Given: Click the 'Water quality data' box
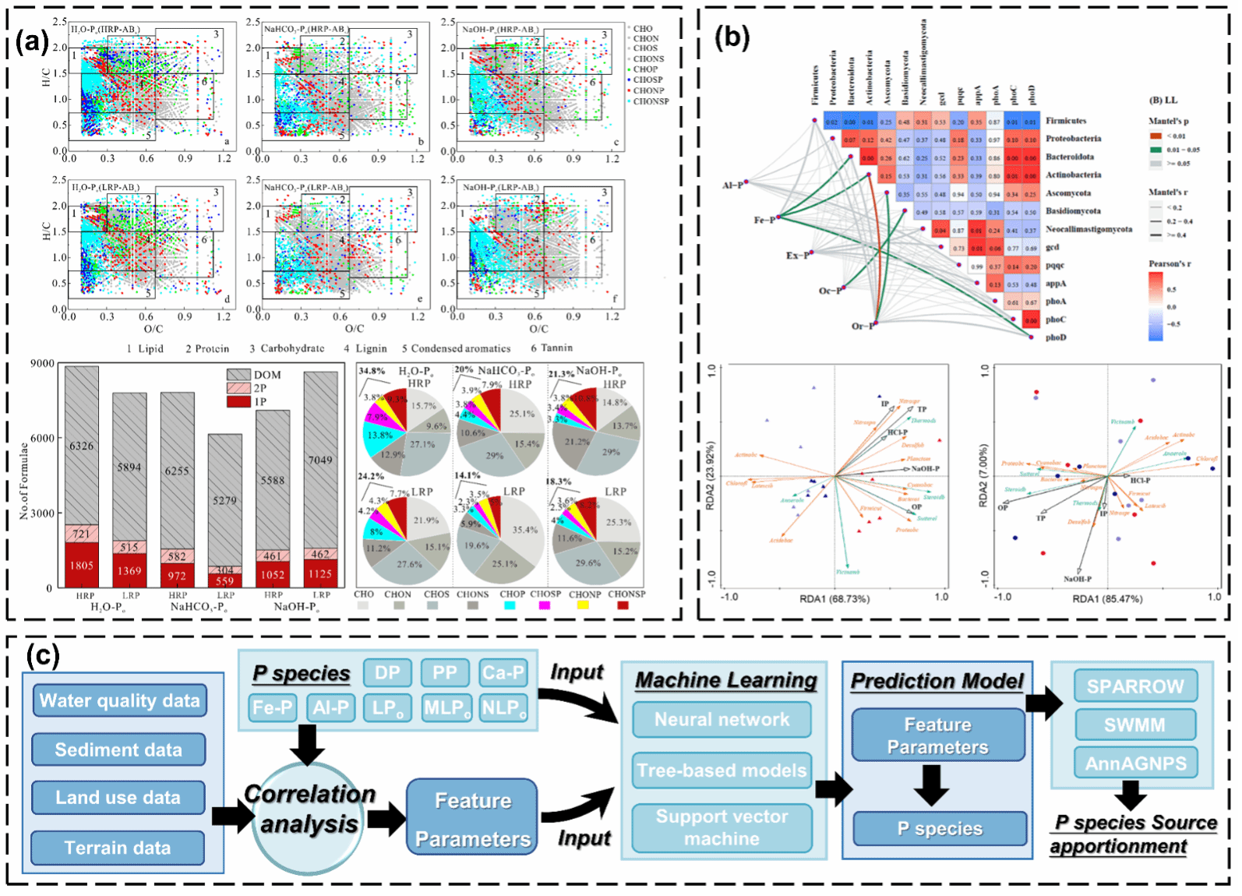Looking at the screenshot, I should (120, 700).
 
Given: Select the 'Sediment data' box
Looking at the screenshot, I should (118, 750).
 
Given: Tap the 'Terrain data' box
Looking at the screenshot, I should (118, 848).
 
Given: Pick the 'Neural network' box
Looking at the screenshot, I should (722, 719).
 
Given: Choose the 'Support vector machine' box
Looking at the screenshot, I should (722, 827).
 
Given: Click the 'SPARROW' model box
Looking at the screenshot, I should (1135, 686).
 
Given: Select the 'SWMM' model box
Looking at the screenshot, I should (1134, 725).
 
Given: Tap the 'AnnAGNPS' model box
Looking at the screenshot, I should (1135, 763).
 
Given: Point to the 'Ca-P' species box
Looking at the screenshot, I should (503, 673).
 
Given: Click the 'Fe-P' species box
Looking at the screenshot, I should (272, 707).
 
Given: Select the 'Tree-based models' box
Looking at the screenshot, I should (722, 771).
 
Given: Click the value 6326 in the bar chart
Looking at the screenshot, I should (82, 446).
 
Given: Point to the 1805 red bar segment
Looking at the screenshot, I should (82, 566).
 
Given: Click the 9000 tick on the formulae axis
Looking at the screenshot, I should (42, 364).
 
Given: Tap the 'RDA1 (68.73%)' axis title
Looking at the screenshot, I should (834, 598).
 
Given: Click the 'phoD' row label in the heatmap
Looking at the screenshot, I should (1056, 337).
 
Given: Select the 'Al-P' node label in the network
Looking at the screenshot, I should (732, 185).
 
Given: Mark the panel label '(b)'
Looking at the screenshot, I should (732, 37).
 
